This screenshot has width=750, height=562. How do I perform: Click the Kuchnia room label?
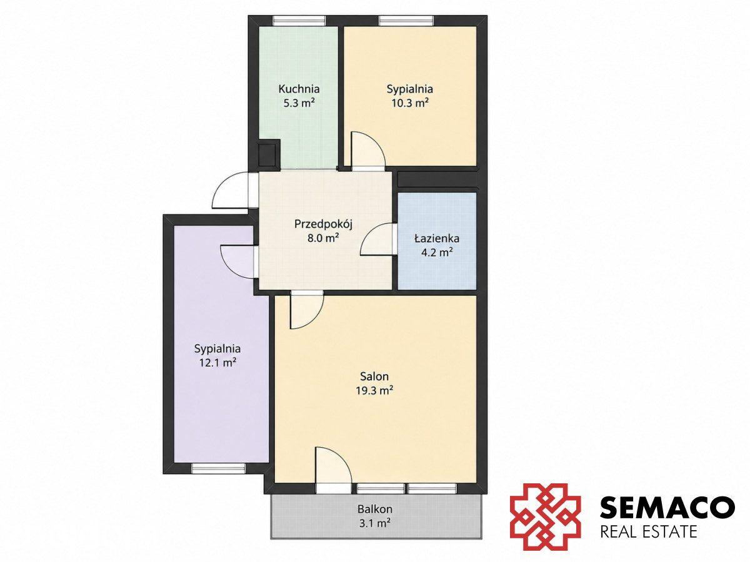coord(299,89)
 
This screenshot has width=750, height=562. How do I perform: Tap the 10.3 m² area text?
coord(409,103)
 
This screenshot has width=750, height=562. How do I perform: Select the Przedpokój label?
coord(323,225)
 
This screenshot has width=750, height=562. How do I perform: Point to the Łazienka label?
coord(437,239)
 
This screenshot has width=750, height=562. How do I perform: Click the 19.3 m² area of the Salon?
coord(374,390)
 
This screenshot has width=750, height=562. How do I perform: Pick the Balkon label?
coord(374,509)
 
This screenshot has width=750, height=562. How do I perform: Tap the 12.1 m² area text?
coord(217,363)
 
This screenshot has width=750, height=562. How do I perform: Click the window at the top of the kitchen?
coord(299,21)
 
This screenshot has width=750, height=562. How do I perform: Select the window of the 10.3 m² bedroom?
coord(407,21)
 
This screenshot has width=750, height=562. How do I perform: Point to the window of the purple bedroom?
coord(218,468)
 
